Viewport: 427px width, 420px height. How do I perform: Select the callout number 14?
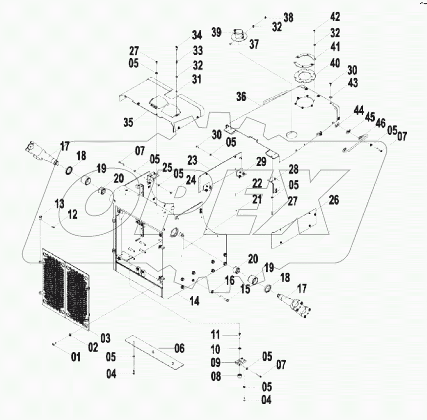194,302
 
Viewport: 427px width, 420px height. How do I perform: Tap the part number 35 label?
128,122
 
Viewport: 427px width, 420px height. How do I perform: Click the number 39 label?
217,32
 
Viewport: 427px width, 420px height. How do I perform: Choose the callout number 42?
335,17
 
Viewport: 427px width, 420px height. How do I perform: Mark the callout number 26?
334,200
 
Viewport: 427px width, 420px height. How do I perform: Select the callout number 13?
59,203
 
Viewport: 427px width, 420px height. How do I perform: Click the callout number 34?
197,35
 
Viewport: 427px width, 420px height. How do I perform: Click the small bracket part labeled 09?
239,363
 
